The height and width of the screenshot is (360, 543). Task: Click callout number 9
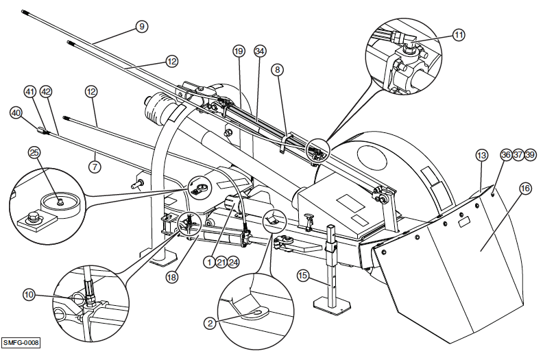tap(141, 26)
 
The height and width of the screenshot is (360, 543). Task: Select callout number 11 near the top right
tap(459, 34)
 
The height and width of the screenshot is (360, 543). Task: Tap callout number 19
tap(238, 51)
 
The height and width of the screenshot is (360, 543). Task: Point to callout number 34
tap(259, 51)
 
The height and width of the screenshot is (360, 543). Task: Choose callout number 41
tap(29, 91)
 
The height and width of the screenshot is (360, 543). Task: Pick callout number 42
tap(46, 91)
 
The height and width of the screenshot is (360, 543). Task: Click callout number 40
tap(16, 112)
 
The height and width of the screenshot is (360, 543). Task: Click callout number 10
tap(29, 294)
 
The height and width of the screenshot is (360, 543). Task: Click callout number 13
tap(481, 155)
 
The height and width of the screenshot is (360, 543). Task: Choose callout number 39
tap(531, 155)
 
